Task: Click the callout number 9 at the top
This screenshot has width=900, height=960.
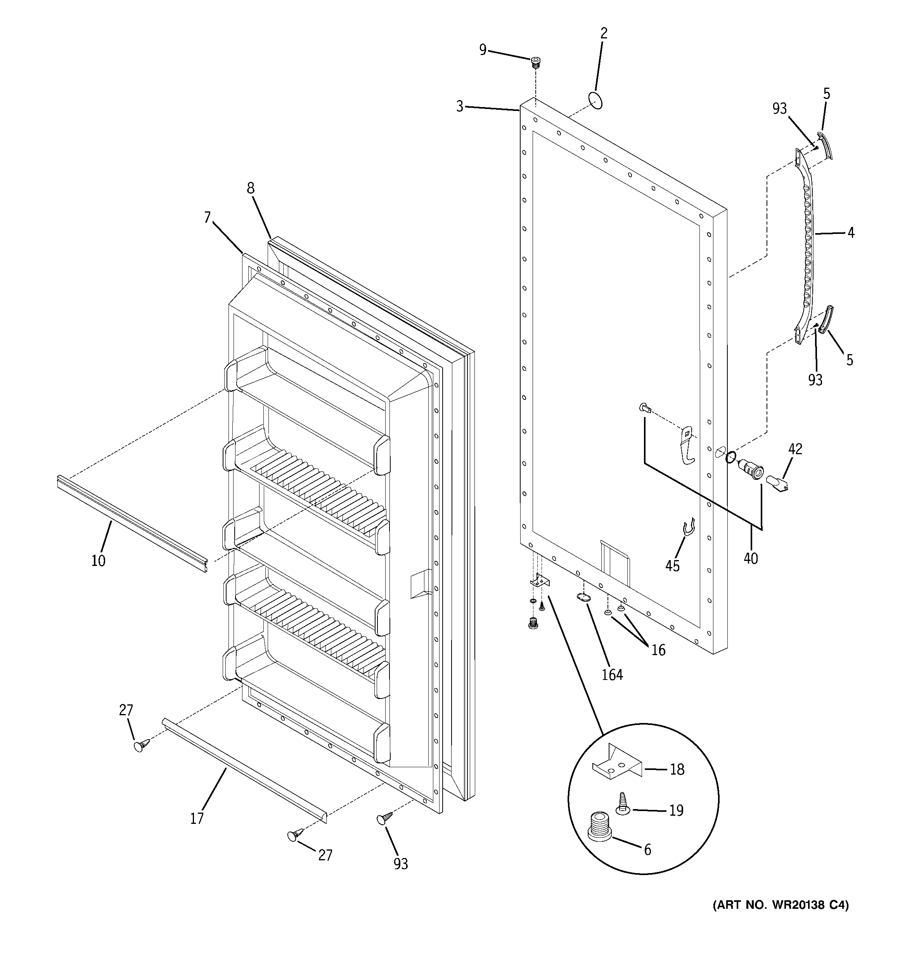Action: click(x=483, y=50)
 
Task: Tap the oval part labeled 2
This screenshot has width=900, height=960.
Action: click(x=595, y=101)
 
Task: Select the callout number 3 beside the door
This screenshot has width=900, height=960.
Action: click(x=459, y=106)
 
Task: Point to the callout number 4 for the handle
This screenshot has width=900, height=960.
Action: click(x=851, y=233)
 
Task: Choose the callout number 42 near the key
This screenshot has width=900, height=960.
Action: click(x=795, y=449)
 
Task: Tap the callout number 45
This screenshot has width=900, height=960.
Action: click(x=672, y=566)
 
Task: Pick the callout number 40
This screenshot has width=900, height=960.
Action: click(x=751, y=558)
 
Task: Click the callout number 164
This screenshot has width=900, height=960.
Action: click(x=613, y=675)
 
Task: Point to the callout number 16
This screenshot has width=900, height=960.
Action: click(x=658, y=650)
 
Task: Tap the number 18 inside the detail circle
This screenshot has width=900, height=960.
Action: click(x=677, y=770)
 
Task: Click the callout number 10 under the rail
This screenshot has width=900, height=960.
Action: click(x=98, y=560)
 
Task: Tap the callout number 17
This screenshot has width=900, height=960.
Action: click(x=197, y=818)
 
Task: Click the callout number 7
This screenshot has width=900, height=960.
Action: click(x=207, y=218)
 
